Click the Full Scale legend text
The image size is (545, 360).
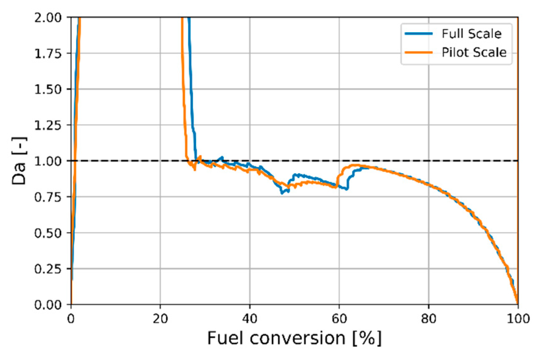pos(471,33)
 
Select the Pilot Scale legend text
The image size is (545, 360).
pos(474,52)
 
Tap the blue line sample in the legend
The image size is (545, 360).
pos(419,33)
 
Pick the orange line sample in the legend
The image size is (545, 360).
pos(419,52)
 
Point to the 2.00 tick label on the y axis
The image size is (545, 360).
pos(48,17)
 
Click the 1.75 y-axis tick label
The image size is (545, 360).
pos(48,54)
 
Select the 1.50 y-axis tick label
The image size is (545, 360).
pos(48,90)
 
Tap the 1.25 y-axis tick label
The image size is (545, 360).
pos(48,125)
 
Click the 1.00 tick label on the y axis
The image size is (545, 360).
pos(48,161)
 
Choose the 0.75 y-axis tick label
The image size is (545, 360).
pos(48,197)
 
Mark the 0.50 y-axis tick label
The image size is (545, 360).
pos(48,233)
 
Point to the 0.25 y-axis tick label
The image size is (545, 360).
pos(48,269)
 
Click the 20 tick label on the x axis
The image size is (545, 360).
pos(160,319)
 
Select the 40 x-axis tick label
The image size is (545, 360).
pos(250,319)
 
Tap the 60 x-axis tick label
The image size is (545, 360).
pos(339,319)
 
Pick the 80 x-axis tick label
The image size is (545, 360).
pos(428,319)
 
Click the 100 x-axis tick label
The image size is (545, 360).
pos(518,319)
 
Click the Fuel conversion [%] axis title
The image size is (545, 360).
pos(294,338)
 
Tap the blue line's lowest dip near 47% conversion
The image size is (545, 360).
pos(282,193)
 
